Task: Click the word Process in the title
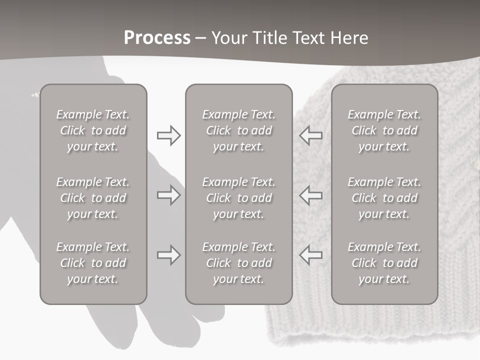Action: tap(157, 38)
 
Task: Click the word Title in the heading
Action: tap(270, 38)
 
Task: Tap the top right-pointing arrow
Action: tap(168, 135)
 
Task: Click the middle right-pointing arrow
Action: tap(168, 195)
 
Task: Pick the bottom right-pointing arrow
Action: tap(168, 255)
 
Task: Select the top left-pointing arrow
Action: tap(311, 135)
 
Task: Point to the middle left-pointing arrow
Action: tap(311, 195)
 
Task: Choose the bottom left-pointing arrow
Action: tap(311, 255)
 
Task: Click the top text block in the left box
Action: tap(93, 130)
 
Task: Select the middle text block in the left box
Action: tap(93, 198)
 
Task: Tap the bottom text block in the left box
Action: tap(93, 263)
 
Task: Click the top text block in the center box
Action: tap(238, 130)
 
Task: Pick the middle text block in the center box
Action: tap(238, 198)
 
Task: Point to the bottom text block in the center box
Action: tap(238, 263)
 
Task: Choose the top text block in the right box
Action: tap(384, 130)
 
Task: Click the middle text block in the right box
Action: tap(384, 198)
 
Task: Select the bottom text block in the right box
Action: tap(384, 263)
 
